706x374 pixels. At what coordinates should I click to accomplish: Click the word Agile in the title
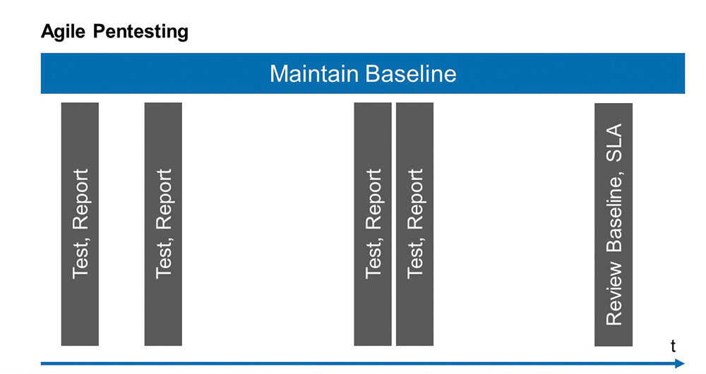coord(63,32)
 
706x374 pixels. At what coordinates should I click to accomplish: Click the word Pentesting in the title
coord(141,32)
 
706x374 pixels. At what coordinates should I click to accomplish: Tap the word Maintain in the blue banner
coord(313,73)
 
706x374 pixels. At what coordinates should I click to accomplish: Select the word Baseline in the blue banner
coord(410,73)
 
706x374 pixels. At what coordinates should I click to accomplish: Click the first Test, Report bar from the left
coord(80,224)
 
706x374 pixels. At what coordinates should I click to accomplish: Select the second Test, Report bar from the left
coord(163,224)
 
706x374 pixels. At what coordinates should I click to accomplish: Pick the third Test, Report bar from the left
coord(372,224)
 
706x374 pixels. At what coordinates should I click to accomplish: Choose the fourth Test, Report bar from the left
coord(414,224)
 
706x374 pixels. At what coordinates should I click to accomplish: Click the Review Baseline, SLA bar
coord(614,224)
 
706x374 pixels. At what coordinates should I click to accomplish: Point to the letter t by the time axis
coord(673,346)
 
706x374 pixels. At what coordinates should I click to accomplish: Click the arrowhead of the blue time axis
coord(680,363)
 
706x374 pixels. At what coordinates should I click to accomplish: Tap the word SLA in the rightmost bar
coord(614,143)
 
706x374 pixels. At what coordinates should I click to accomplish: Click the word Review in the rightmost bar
coord(614,294)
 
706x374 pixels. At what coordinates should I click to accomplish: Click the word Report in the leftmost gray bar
coord(80,199)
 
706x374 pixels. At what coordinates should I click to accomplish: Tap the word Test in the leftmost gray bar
coord(81,260)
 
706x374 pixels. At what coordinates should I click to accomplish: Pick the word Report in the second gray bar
coord(164,199)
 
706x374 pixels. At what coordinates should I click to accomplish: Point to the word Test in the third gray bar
coord(374,260)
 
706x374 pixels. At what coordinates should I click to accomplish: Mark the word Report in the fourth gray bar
coord(416,199)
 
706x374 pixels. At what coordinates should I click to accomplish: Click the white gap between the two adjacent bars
coord(393,224)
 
